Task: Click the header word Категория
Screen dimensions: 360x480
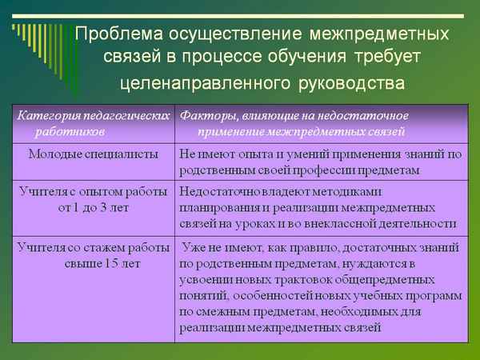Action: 46,114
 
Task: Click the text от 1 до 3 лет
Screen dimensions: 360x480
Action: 93,207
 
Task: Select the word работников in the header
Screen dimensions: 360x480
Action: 65,130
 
